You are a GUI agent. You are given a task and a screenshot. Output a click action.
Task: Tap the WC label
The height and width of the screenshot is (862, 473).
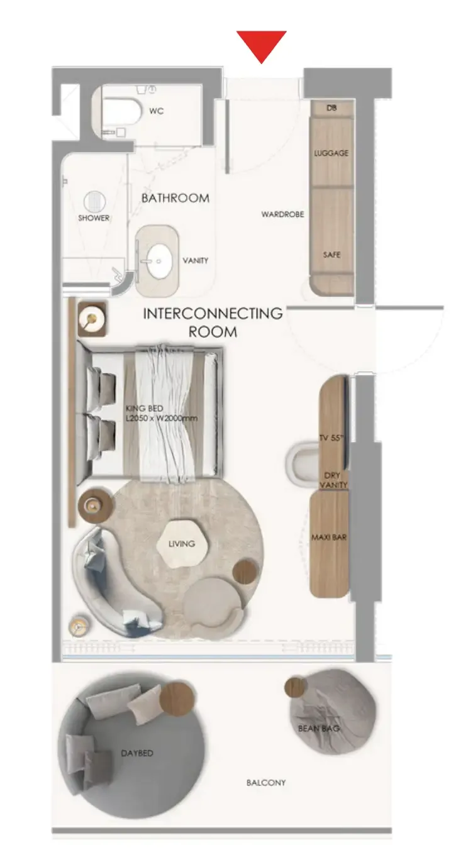point(157,111)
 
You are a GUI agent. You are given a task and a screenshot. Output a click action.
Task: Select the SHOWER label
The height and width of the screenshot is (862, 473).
point(94,218)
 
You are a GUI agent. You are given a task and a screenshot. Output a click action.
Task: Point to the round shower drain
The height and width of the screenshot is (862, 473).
point(95,202)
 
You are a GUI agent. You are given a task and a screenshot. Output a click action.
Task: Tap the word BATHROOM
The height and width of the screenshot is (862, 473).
point(175,198)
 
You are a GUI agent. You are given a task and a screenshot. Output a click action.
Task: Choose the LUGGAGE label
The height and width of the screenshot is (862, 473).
point(331,153)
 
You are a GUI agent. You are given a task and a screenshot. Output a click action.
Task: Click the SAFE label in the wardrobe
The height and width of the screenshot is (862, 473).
point(331,255)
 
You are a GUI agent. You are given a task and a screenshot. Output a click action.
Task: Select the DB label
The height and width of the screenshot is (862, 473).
point(331,108)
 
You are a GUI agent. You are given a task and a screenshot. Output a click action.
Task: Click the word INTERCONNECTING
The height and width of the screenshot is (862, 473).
point(213,314)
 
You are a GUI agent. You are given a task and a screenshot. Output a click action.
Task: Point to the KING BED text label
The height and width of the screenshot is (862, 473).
point(144,408)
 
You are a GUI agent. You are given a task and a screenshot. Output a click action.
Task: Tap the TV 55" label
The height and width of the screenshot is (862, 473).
point(331,438)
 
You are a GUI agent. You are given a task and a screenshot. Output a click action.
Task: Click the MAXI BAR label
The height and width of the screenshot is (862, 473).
point(329,537)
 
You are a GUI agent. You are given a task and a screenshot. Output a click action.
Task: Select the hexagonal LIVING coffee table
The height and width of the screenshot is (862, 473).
point(182,543)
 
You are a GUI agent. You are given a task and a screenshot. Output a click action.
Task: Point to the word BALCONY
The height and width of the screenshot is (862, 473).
point(266,783)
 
